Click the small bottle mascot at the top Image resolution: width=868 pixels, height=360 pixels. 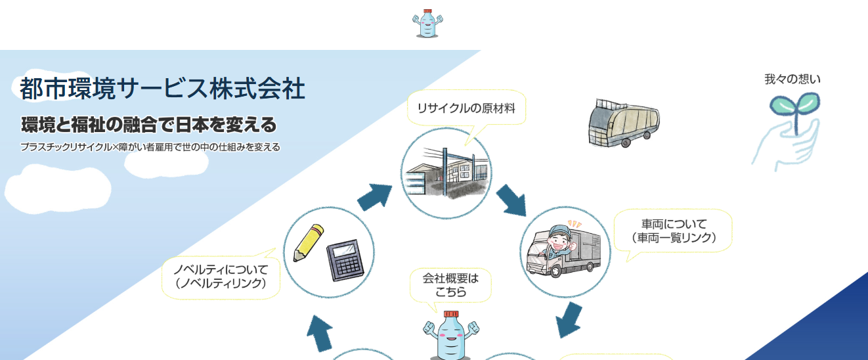427,24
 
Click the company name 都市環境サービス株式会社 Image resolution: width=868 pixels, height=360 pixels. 162,89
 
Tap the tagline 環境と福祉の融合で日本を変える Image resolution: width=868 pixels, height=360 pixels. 148,124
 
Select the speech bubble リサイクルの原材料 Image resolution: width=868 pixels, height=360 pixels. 466,108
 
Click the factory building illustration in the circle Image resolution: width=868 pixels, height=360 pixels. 446,173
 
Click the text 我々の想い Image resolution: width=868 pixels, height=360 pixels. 792,79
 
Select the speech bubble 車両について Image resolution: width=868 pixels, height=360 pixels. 673,231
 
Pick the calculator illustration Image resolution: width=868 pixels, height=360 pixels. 345,260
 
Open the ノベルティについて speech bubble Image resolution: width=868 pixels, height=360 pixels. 221,277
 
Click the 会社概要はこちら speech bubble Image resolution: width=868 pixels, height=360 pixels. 450,284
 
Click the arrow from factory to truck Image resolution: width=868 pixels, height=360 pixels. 510,201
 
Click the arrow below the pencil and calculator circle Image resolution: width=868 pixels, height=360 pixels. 320,333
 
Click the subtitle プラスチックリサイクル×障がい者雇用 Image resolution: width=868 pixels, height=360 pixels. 150,147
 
